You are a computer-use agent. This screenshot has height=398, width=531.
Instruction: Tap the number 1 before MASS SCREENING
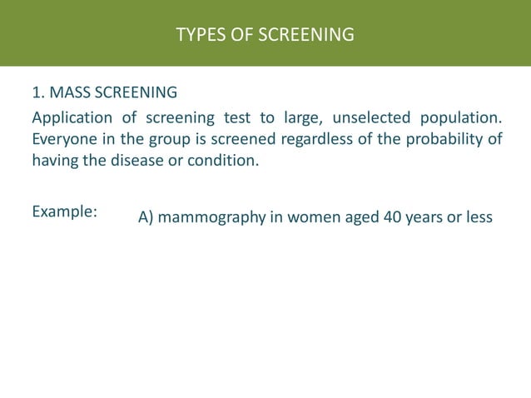click(x=37, y=92)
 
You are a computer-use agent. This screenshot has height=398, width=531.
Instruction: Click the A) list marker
click(x=146, y=218)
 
